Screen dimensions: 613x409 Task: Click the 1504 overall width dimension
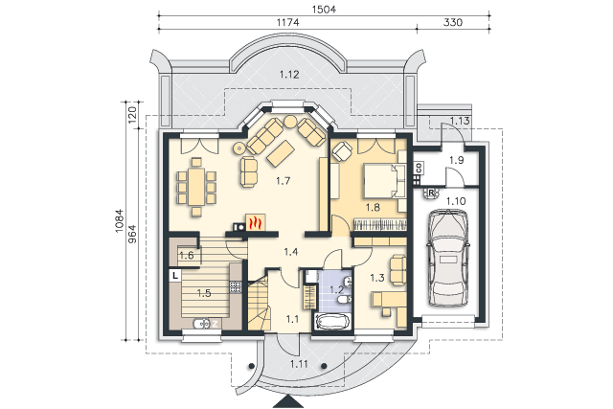point(324,9)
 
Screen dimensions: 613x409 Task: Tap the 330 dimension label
point(453,23)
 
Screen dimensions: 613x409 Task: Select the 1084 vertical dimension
point(120,221)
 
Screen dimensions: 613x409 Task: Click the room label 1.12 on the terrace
point(289,75)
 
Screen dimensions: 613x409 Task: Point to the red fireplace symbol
point(256,223)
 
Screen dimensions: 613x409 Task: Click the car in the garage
point(448,258)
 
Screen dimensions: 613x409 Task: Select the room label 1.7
point(283,181)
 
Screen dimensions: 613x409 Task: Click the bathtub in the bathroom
point(332,323)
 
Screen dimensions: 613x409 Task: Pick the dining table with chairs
point(196,187)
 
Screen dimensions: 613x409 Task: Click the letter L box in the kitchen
point(174,275)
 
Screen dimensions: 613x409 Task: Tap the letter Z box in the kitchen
point(215,324)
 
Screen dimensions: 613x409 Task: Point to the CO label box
point(419,169)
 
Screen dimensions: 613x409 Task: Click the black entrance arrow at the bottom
point(288,402)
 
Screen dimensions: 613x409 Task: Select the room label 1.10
point(456,201)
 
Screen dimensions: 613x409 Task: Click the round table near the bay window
point(290,122)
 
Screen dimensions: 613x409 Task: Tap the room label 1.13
point(460,121)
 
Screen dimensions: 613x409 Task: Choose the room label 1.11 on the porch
point(299,364)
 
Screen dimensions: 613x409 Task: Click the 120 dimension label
point(132,114)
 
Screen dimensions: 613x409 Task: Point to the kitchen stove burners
point(235,286)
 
